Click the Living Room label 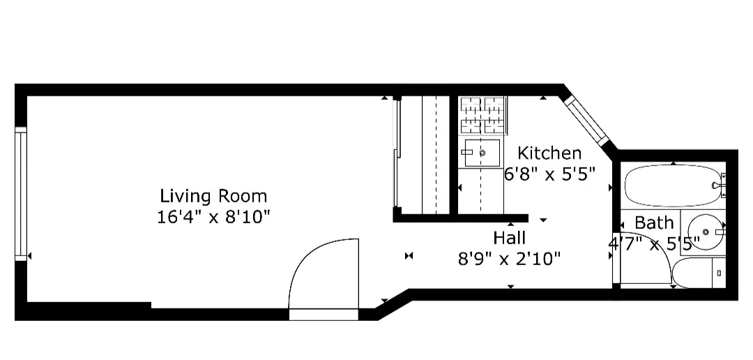point(213,195)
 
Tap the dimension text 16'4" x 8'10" point(213,216)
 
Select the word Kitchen point(549,153)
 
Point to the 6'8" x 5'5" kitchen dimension point(549,174)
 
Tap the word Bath point(654,223)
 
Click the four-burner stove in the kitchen point(482,114)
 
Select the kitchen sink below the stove point(482,152)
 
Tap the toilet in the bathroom point(701,273)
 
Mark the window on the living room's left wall point(21,193)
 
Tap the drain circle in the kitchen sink point(482,151)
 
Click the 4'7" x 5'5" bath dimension point(653,245)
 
